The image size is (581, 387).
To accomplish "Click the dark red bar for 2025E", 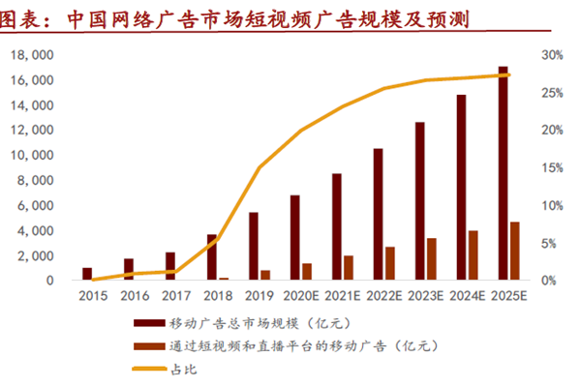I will tap(503, 174).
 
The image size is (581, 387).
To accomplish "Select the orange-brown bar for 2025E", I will tap(515, 252).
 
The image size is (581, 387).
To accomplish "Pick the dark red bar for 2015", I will tap(87, 274).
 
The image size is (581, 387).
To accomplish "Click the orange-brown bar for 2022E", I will tap(390, 263).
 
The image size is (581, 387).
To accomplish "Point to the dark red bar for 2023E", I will tap(419, 201).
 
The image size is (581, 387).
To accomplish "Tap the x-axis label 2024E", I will tap(469, 296).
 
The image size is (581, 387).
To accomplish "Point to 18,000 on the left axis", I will tap(34, 55).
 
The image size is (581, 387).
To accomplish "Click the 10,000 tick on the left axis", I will tap(34, 156).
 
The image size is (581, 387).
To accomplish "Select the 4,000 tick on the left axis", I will tap(38, 231).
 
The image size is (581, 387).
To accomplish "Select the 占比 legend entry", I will tap(181, 367).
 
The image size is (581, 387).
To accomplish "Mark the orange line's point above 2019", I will tap(260, 167).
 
